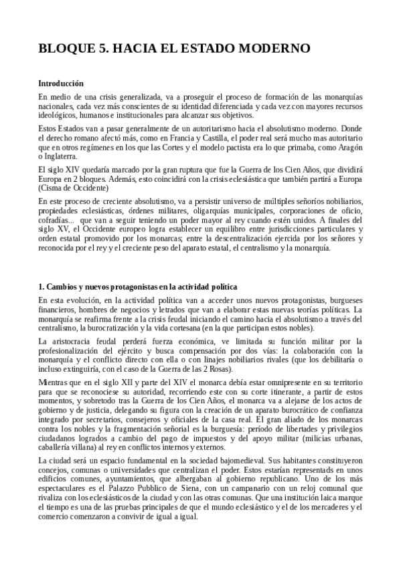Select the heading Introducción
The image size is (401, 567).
click(x=61, y=84)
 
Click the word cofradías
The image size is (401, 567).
click(x=56, y=219)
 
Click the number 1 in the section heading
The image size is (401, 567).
click(x=41, y=287)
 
